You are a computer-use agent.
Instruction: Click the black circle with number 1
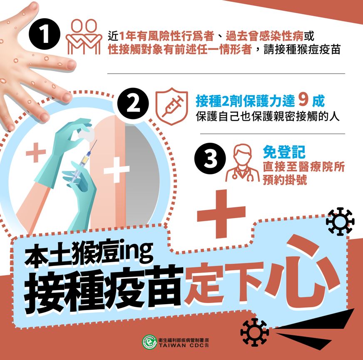coord(45,34)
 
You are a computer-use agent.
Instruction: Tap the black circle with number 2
coord(133,104)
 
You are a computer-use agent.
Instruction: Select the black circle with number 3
coord(210,159)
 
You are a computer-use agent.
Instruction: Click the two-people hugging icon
coord(84,37)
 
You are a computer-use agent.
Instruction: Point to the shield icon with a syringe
coord(172,106)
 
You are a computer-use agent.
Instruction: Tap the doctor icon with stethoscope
coord(242,163)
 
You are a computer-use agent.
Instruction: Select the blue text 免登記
coord(284,152)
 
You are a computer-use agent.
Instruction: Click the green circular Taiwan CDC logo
coord(149,342)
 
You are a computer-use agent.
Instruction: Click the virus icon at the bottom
coord(255,332)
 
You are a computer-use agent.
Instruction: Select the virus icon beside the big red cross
coord(340,221)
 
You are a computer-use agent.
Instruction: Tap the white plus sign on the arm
coord(117,170)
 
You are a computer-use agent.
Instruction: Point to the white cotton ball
coord(87,133)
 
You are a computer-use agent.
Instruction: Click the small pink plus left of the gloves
coord(36,152)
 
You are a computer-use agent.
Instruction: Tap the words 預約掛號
coord(285,180)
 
